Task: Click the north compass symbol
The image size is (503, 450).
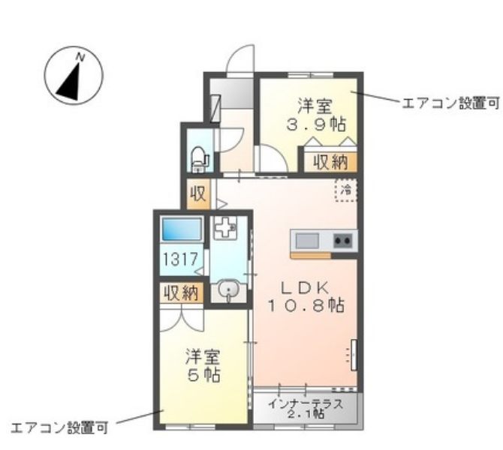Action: point(73,76)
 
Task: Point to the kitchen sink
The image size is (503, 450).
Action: point(307,241)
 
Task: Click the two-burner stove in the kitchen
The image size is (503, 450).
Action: point(342,241)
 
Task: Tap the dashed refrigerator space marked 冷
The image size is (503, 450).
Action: point(346,190)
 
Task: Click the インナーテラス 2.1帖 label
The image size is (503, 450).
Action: point(306,408)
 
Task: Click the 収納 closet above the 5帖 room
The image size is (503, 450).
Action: point(180,292)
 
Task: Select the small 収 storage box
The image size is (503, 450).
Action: point(197,194)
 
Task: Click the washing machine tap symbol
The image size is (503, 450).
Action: point(223,228)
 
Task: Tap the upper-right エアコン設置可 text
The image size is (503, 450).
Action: point(450,103)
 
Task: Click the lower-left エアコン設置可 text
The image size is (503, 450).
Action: point(59,428)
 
